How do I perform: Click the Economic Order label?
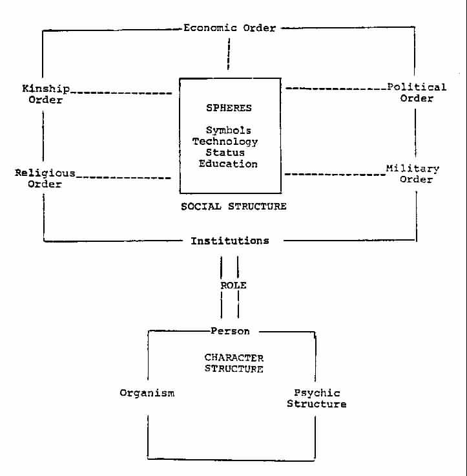229,28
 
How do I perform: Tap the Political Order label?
417,92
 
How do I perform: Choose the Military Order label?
413,174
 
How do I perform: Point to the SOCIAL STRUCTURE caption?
233,206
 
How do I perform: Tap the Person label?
230,331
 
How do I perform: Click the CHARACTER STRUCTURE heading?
234,363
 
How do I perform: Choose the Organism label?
147,393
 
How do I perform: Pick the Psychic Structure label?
317,398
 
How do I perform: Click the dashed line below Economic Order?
229,54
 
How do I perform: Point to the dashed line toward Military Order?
333,174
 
